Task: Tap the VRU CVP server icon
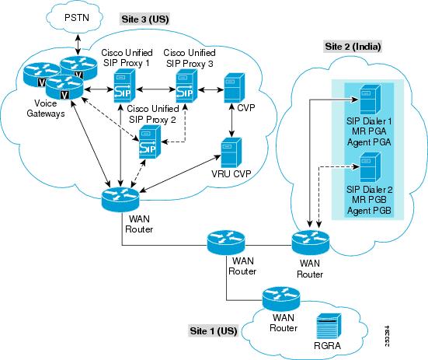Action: click(x=229, y=149)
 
